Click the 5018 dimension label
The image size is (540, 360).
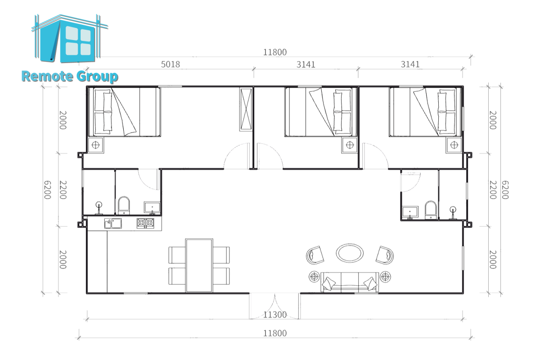click(x=171, y=64)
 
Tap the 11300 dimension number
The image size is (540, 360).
click(x=274, y=315)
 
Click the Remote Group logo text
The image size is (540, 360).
click(x=70, y=76)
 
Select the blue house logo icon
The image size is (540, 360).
click(x=69, y=38)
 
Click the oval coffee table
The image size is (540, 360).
click(x=350, y=253)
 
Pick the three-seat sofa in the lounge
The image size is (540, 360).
click(x=350, y=282)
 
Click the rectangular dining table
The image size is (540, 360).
click(x=199, y=265)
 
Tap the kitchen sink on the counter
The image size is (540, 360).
click(x=113, y=223)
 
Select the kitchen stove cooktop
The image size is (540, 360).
click(x=145, y=223)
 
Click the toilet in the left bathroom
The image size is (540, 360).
click(x=124, y=205)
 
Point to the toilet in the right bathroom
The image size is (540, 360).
click(x=431, y=210)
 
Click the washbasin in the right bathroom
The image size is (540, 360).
click(x=410, y=213)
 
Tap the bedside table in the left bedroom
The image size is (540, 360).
click(x=96, y=145)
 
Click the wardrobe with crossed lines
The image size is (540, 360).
click(x=246, y=110)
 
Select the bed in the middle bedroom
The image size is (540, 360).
click(x=321, y=112)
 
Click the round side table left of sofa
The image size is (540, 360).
click(x=314, y=277)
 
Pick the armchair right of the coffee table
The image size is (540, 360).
click(x=385, y=255)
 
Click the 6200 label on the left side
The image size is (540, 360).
click(x=48, y=190)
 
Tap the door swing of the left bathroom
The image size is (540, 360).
click(x=148, y=180)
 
